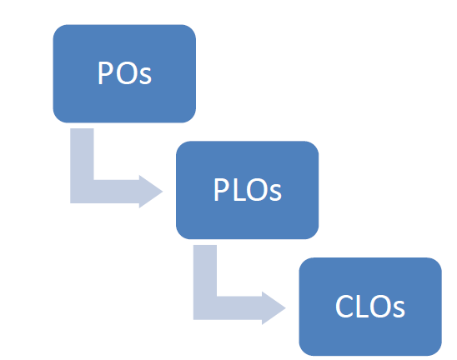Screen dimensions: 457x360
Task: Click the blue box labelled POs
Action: pyautogui.click(x=124, y=73)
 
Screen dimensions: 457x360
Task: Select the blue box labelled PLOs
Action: pyautogui.click(x=247, y=190)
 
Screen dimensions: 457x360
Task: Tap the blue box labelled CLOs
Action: pyautogui.click(x=370, y=307)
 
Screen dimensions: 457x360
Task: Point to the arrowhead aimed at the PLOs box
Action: pyautogui.click(x=151, y=192)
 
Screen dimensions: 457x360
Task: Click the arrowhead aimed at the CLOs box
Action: pyautogui.click(x=274, y=307)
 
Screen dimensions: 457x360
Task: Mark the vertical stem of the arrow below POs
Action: pyautogui.click(x=82, y=166)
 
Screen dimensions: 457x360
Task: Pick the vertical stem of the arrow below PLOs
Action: pyautogui.click(x=205, y=282)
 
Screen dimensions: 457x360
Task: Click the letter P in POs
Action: pyautogui.click(x=105, y=72)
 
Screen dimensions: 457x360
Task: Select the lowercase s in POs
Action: pyautogui.click(x=145, y=77)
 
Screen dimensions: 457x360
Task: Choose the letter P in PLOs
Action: pyautogui.click(x=221, y=189)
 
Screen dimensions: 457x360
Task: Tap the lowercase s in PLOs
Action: pyautogui.click(x=275, y=192)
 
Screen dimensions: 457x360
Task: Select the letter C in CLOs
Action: pyautogui.click(x=344, y=306)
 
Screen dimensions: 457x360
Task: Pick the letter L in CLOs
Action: pyautogui.click(x=362, y=306)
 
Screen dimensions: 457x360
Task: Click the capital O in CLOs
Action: pyautogui.click(x=379, y=306)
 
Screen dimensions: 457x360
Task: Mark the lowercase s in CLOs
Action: pyautogui.click(x=399, y=310)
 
